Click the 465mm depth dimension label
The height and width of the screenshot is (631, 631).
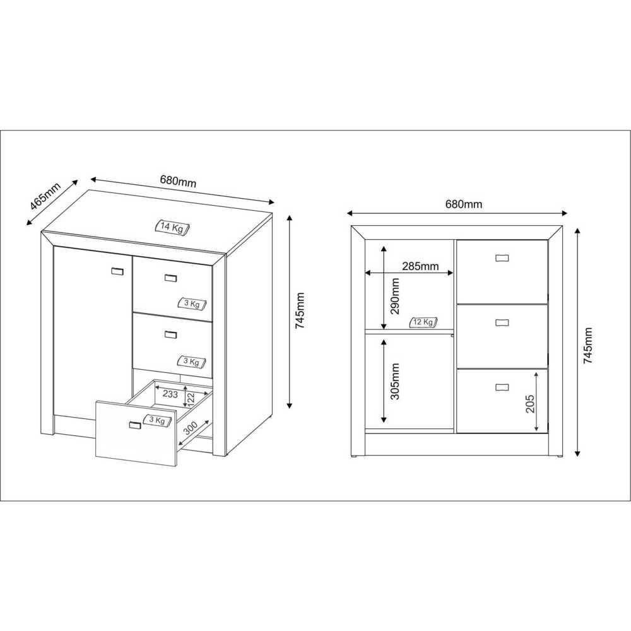coord(45,196)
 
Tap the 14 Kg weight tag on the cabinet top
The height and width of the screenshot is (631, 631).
coord(173,227)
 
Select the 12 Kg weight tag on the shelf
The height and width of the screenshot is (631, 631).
coord(423,322)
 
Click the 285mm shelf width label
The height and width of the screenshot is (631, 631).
coord(420,266)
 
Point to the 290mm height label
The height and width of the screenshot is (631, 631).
coord(395,296)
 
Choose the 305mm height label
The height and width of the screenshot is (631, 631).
coord(395,381)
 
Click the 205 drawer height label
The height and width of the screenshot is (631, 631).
coord(530,404)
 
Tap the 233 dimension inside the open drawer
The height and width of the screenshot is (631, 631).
coord(170,394)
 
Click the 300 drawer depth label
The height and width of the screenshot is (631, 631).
coord(191,428)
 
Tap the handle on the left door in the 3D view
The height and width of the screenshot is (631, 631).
coord(117,271)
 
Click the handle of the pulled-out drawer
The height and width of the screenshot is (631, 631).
coord(135,425)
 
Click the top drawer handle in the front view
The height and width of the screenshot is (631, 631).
coord(502,257)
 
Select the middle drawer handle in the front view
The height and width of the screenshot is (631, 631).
coord(502,322)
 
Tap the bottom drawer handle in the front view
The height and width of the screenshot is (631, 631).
coord(502,387)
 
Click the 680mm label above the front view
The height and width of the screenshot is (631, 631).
coord(464,204)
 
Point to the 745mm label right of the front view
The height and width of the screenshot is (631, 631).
coord(588,345)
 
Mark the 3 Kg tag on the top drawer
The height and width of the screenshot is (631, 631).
coord(192,304)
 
